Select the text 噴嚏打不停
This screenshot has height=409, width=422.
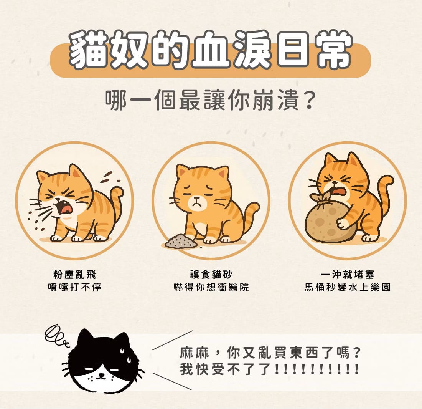(x=74, y=287)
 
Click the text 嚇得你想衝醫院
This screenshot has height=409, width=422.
(x=211, y=287)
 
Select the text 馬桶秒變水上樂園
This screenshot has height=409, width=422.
(x=347, y=287)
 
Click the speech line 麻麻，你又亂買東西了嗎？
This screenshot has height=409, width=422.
(x=270, y=353)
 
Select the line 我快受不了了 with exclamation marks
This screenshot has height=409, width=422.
(x=270, y=369)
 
